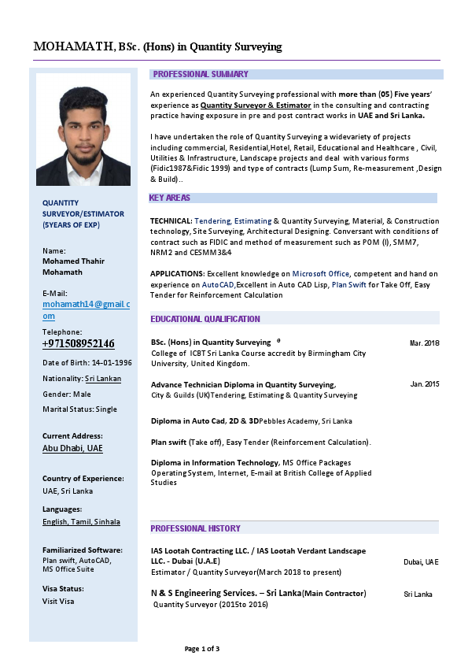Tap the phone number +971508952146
[x=78, y=344]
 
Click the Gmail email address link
[x=86, y=309]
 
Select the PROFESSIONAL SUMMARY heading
[x=201, y=74]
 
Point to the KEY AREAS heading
[x=170, y=198]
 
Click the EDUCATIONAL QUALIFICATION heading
[x=205, y=319]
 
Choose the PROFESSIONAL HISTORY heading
[x=196, y=528]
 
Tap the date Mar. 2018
[x=425, y=343]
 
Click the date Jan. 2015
[x=425, y=384]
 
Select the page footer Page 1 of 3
[x=202, y=649]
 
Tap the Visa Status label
[x=63, y=588]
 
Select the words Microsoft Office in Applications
[x=321, y=273]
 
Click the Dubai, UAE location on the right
[x=421, y=562]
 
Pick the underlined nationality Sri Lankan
[x=103, y=379]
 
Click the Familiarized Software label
[x=82, y=550]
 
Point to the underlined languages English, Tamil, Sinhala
[x=81, y=521]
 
